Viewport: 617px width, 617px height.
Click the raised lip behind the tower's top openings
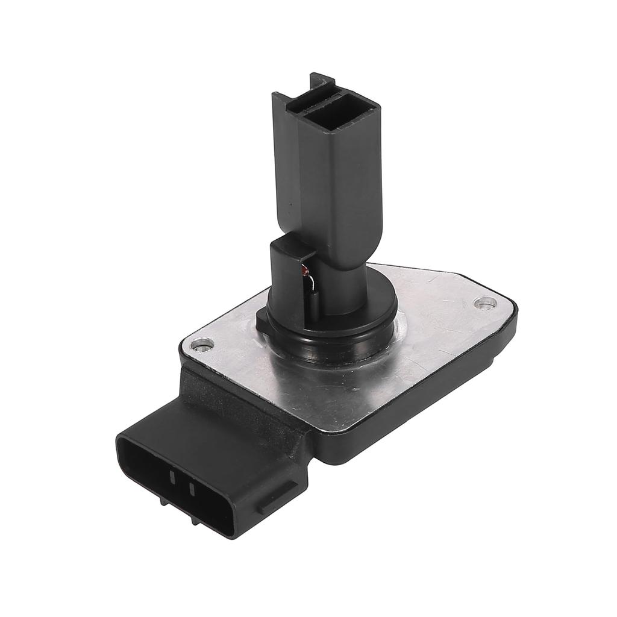pyautogui.click(x=319, y=81)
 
